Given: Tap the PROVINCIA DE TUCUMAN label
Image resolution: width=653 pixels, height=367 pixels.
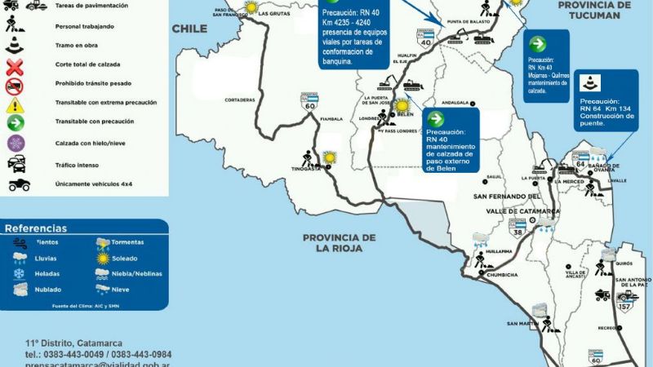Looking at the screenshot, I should [x=594, y=11].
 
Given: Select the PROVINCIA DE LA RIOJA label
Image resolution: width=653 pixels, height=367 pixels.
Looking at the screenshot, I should [x=339, y=243].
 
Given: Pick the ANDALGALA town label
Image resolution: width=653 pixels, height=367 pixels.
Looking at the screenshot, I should [x=458, y=103].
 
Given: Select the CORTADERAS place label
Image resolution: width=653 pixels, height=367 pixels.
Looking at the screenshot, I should [x=240, y=99].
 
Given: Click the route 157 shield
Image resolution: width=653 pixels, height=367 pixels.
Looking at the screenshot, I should [x=625, y=306].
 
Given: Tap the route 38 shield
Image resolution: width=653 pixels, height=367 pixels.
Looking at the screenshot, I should [x=517, y=231].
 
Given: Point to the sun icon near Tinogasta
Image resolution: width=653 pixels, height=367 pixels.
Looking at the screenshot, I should [x=330, y=157].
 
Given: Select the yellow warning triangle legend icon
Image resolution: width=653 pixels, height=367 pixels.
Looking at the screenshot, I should [x=15, y=105].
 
